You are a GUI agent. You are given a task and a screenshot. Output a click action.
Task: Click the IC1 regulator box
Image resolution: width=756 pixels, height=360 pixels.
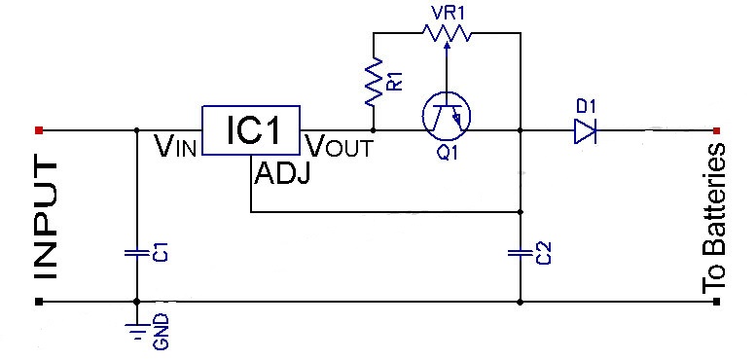click(252, 129)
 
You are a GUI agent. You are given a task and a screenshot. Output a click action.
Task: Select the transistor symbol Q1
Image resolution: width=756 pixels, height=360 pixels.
click(447, 116)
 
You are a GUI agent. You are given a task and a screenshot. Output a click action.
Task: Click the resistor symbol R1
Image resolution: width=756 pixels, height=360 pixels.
click(373, 85)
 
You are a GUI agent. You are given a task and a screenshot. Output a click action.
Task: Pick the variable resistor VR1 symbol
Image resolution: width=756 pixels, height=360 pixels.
click(447, 33)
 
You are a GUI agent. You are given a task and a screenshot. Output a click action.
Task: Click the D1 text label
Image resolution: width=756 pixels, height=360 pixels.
click(584, 103)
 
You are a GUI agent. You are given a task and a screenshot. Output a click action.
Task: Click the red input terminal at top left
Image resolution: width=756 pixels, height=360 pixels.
click(38, 129)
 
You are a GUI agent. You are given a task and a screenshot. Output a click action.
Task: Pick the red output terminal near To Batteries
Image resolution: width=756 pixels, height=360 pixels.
click(717, 129)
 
